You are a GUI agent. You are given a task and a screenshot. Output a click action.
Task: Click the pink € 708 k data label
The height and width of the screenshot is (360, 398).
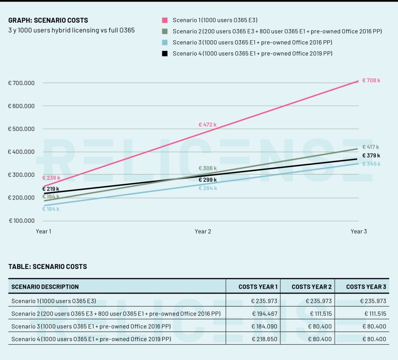(371, 80)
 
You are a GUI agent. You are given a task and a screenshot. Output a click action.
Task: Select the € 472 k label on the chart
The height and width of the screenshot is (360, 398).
(207, 125)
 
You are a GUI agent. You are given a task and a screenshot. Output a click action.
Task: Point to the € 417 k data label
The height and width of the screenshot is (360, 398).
(371, 147)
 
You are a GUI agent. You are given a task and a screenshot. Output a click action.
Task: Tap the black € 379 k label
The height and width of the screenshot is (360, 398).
(371, 155)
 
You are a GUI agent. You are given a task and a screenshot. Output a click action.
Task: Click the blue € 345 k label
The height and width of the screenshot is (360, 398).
(371, 164)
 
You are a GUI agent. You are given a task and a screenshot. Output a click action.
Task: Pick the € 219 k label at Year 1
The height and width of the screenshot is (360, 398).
(51, 189)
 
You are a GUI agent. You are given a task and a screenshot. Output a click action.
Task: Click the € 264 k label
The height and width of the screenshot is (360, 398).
(207, 188)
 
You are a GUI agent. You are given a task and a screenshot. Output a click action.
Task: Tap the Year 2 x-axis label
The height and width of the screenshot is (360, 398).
(203, 231)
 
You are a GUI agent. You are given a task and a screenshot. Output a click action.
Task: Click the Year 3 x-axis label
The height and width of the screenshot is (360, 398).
(359, 231)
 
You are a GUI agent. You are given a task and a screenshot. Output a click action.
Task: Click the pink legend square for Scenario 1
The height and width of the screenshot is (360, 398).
(165, 20)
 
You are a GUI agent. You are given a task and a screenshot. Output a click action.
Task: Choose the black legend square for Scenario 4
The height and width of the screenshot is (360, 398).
(165, 53)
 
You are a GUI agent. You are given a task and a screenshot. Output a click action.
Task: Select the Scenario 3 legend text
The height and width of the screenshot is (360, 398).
(252, 42)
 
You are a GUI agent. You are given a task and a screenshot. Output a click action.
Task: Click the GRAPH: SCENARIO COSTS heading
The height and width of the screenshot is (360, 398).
(48, 20)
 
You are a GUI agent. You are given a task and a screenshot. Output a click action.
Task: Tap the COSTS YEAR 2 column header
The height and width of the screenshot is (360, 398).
(311, 287)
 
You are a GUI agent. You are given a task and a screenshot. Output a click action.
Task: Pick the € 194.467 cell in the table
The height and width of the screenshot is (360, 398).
(265, 314)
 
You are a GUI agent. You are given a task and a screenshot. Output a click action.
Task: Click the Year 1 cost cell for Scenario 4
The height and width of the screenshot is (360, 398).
(265, 339)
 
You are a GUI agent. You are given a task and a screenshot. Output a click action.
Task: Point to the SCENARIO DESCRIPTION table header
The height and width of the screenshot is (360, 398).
(45, 287)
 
